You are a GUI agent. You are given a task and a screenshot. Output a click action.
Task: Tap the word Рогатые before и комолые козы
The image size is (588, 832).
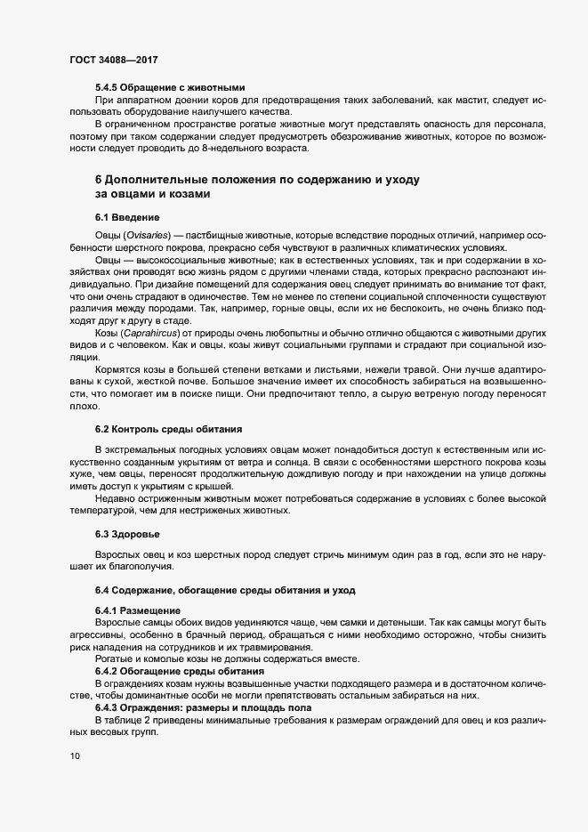point(116,658)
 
